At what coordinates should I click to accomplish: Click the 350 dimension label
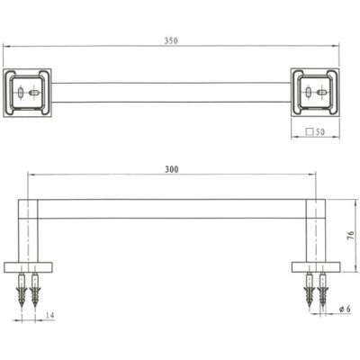tap(171, 40)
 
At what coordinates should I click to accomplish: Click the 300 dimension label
tap(172, 169)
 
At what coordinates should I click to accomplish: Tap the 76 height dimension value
tap(350, 236)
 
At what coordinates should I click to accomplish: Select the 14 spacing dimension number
tap(49, 315)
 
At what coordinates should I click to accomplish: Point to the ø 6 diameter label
tap(345, 309)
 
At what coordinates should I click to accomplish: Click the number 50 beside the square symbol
tap(320, 132)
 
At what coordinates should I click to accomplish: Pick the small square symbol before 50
tap(310, 131)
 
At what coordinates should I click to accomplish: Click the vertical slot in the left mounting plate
tap(21, 93)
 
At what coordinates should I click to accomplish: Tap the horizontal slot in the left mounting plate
tap(33, 93)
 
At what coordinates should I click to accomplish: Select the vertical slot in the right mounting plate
tap(308, 92)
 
